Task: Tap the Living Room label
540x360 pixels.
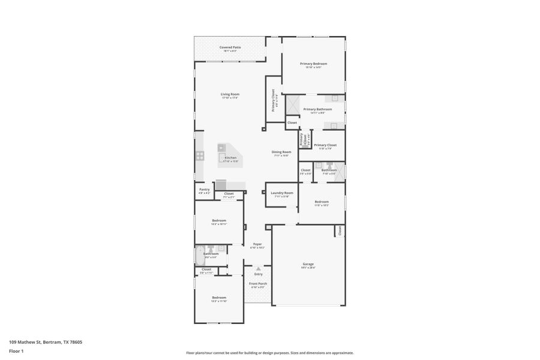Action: [x=230, y=94]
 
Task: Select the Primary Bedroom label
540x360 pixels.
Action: [x=313, y=63]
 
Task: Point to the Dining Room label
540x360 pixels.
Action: [x=282, y=152]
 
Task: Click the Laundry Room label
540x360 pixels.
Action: [x=282, y=193]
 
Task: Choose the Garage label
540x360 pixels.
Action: [x=308, y=264]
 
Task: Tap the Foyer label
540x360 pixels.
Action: [x=257, y=244]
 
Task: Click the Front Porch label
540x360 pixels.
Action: [x=259, y=283]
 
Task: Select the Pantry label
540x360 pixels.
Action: [x=204, y=190]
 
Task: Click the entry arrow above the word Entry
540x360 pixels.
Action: [x=259, y=268]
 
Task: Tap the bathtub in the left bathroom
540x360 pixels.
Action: [x=200, y=256]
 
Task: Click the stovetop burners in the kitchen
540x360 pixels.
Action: [x=199, y=156]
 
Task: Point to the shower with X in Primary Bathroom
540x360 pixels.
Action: [x=292, y=105]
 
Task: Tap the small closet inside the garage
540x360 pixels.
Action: [x=340, y=230]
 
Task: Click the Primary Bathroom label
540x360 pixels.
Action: [x=317, y=109]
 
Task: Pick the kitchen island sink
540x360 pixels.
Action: [x=221, y=147]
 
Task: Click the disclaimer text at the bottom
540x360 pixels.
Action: [x=269, y=353]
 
